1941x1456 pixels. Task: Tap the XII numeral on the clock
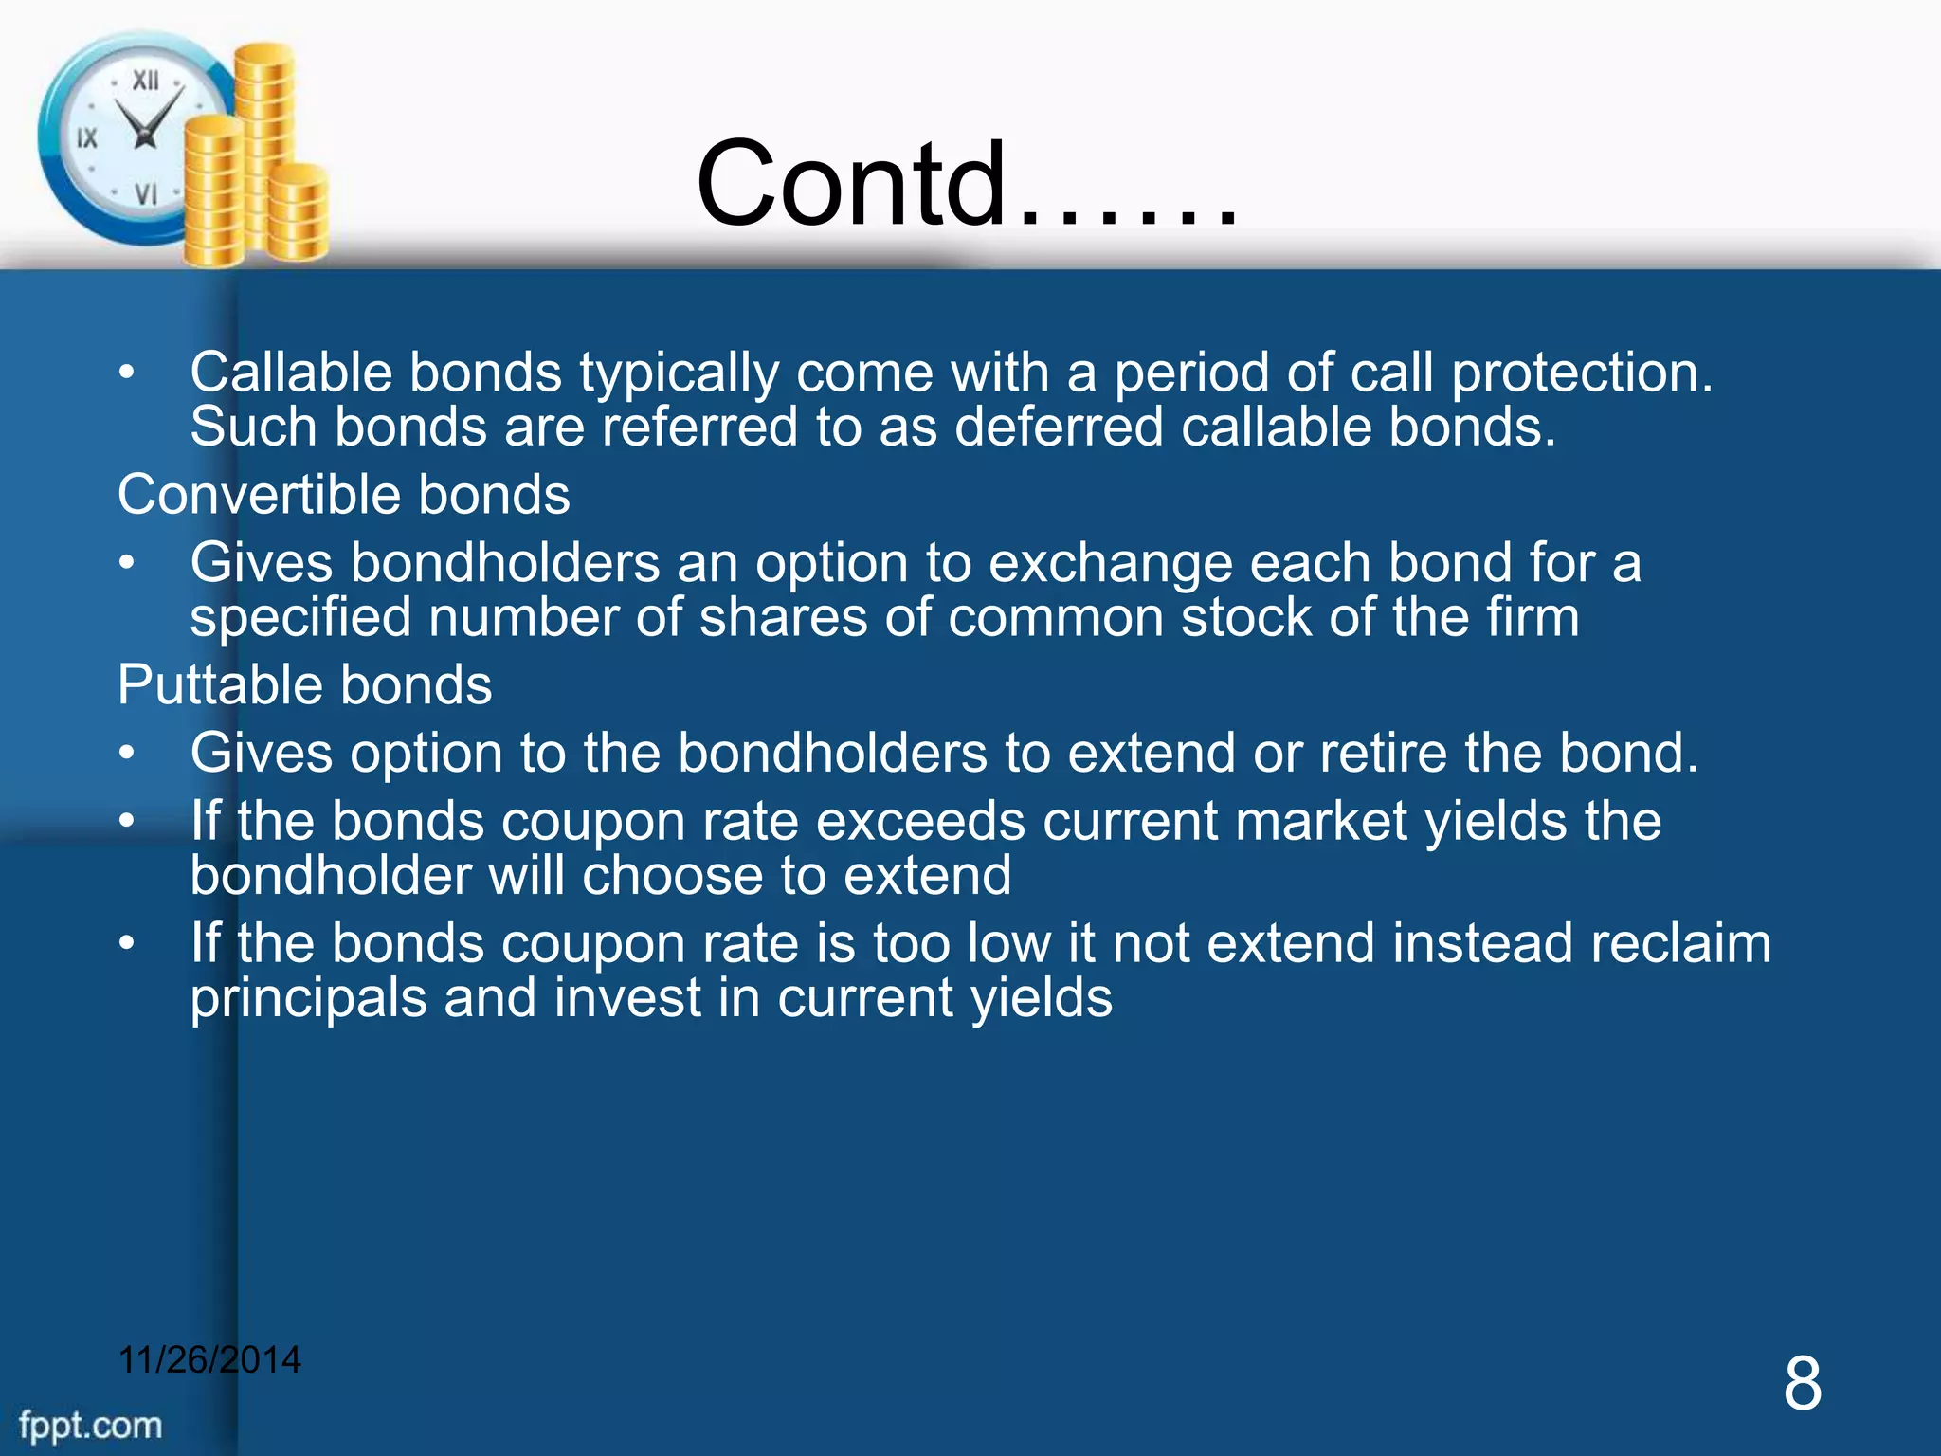[145, 82]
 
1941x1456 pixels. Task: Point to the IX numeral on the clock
[87, 138]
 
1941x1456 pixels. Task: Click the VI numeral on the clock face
[145, 194]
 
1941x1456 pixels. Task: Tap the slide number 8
[1802, 1383]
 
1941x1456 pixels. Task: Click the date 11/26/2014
[209, 1359]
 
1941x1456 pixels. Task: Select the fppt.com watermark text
[91, 1425]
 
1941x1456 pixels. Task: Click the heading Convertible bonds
[344, 495]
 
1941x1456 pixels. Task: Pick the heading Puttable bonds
[305, 684]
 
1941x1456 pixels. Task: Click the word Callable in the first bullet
[291, 373]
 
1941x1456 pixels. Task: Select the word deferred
[1058, 427]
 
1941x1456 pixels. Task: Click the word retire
[1383, 754]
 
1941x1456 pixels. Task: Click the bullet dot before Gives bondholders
[127, 563]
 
